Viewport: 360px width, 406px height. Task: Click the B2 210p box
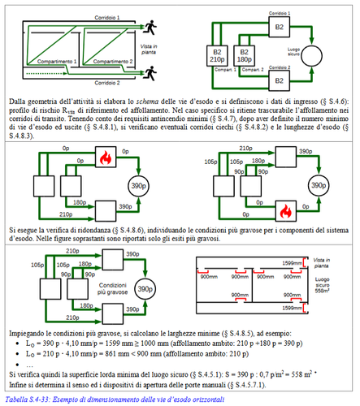(x=218, y=55)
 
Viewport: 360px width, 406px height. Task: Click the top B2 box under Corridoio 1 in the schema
(x=278, y=25)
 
